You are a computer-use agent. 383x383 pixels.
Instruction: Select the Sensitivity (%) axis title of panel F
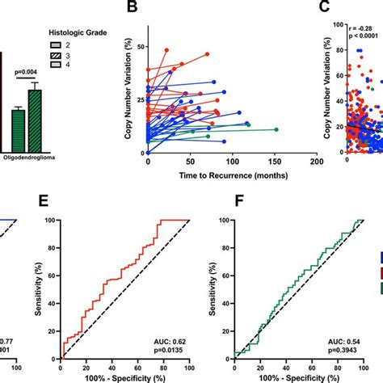(213, 288)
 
